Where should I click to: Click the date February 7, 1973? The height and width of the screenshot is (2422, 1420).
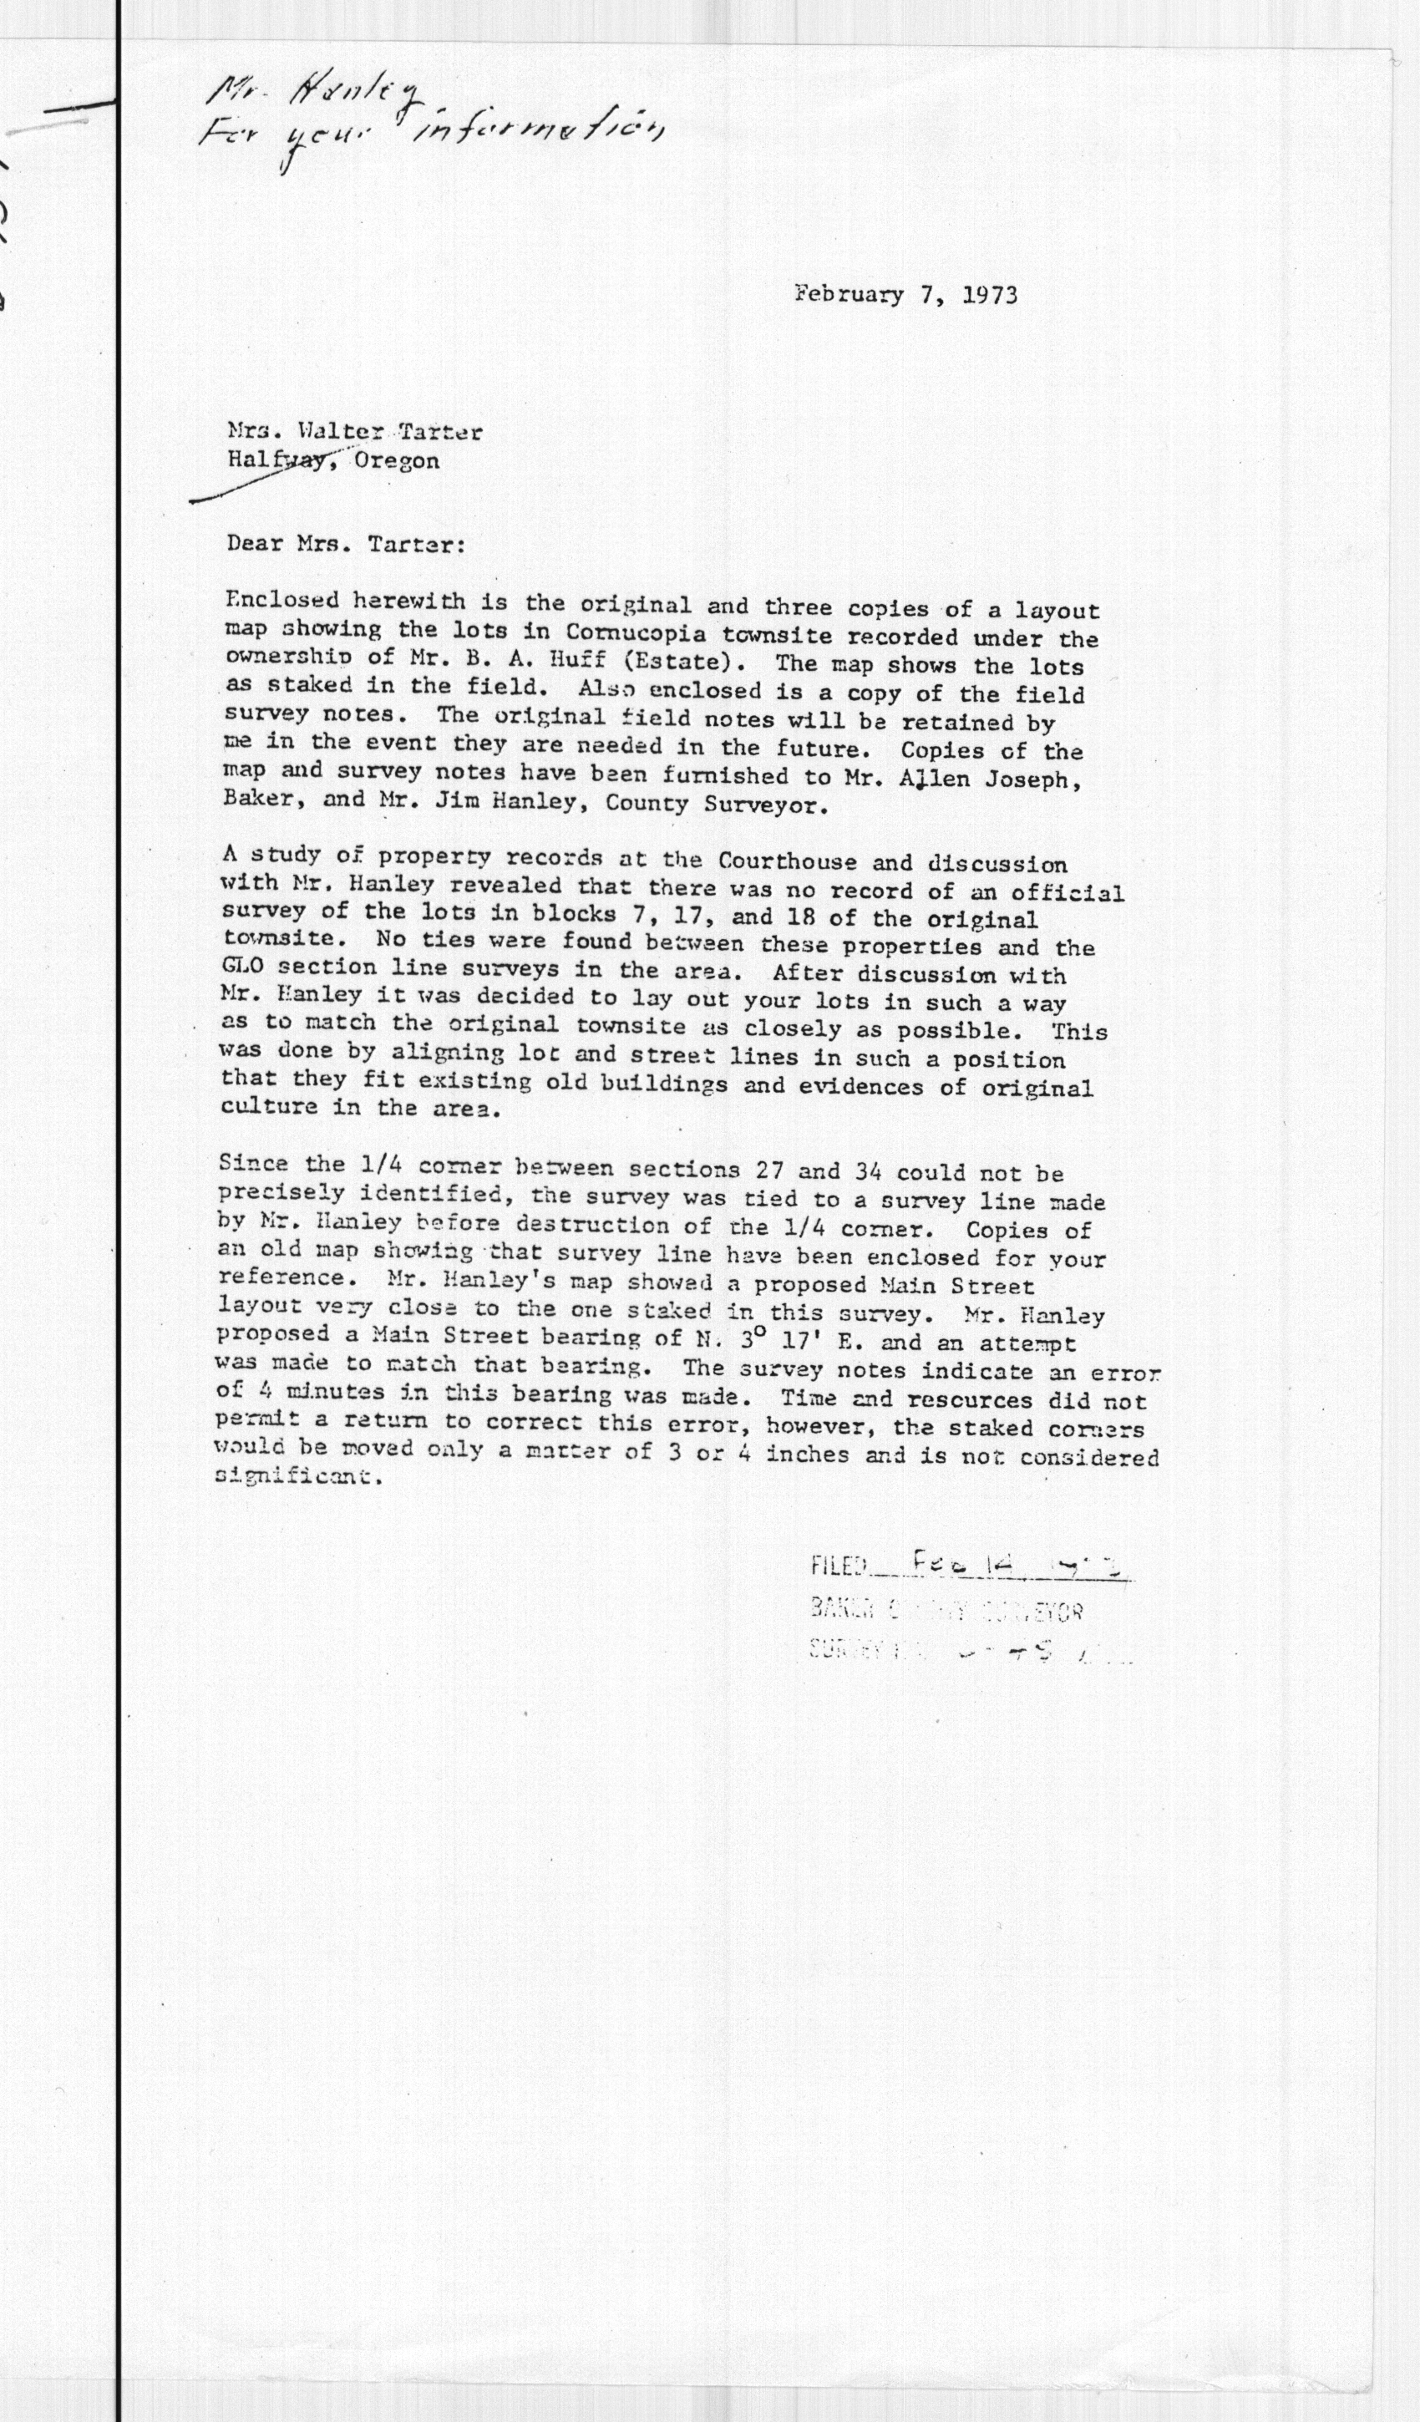[x=905, y=294]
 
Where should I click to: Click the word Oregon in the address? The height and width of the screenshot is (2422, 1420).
[x=397, y=461]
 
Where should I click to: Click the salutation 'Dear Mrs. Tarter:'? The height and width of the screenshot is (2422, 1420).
[x=346, y=544]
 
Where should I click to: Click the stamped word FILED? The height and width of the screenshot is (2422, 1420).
[x=839, y=1566]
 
